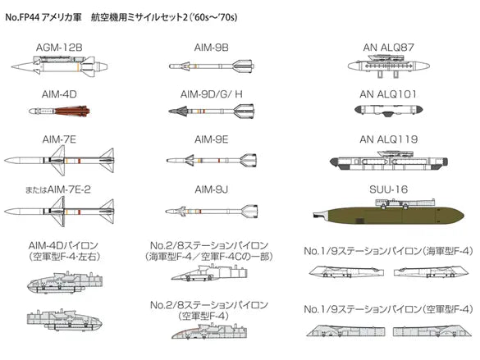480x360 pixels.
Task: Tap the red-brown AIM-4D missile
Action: pos(59,111)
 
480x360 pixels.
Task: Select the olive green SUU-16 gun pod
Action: pos(388,213)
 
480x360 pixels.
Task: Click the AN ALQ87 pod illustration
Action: pos(388,66)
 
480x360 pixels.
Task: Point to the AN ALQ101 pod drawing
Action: pos(389,110)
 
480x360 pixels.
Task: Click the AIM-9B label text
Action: pos(211,48)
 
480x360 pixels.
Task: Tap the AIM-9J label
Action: pos(211,189)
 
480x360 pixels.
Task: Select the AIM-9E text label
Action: pos(211,139)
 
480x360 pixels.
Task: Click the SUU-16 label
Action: pos(388,189)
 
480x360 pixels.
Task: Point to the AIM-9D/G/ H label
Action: pos(211,94)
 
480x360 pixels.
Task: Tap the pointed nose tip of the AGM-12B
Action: pos(12,66)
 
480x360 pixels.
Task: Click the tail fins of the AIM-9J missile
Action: pos(249,211)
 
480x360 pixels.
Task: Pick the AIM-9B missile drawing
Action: pos(211,66)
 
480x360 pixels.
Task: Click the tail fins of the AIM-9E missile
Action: pos(247,160)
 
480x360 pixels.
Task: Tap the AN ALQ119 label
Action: pos(388,139)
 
